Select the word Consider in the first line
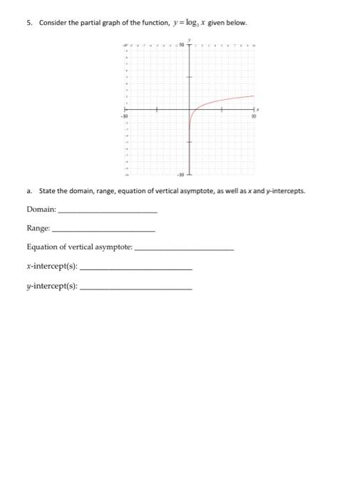(x=51, y=22)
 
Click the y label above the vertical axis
(x=189, y=40)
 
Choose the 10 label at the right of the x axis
(x=253, y=115)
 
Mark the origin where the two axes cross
(x=189, y=109)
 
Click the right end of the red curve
(x=254, y=96)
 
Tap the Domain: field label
(x=41, y=209)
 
